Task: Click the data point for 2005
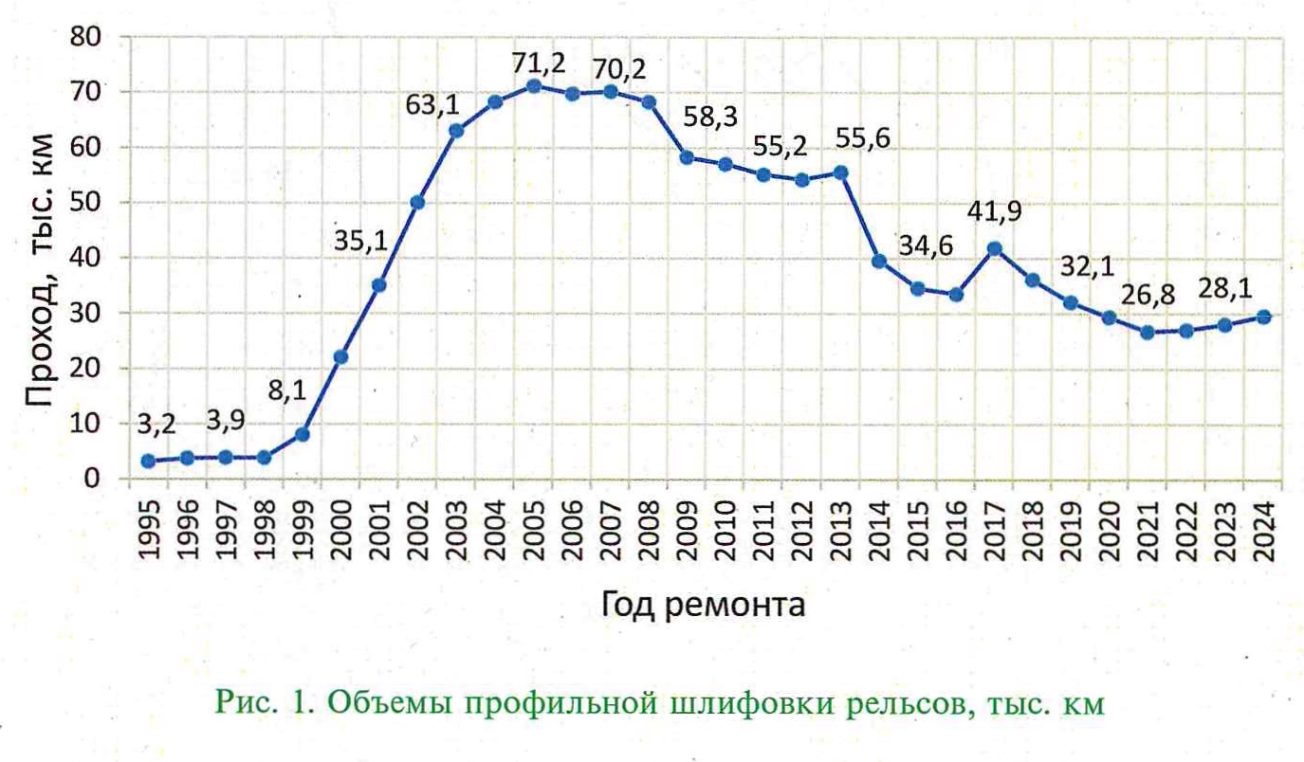(533, 86)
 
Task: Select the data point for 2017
(994, 249)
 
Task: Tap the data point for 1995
(148, 462)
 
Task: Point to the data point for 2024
(1263, 317)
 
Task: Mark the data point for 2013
(840, 172)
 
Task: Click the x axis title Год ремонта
(703, 603)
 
